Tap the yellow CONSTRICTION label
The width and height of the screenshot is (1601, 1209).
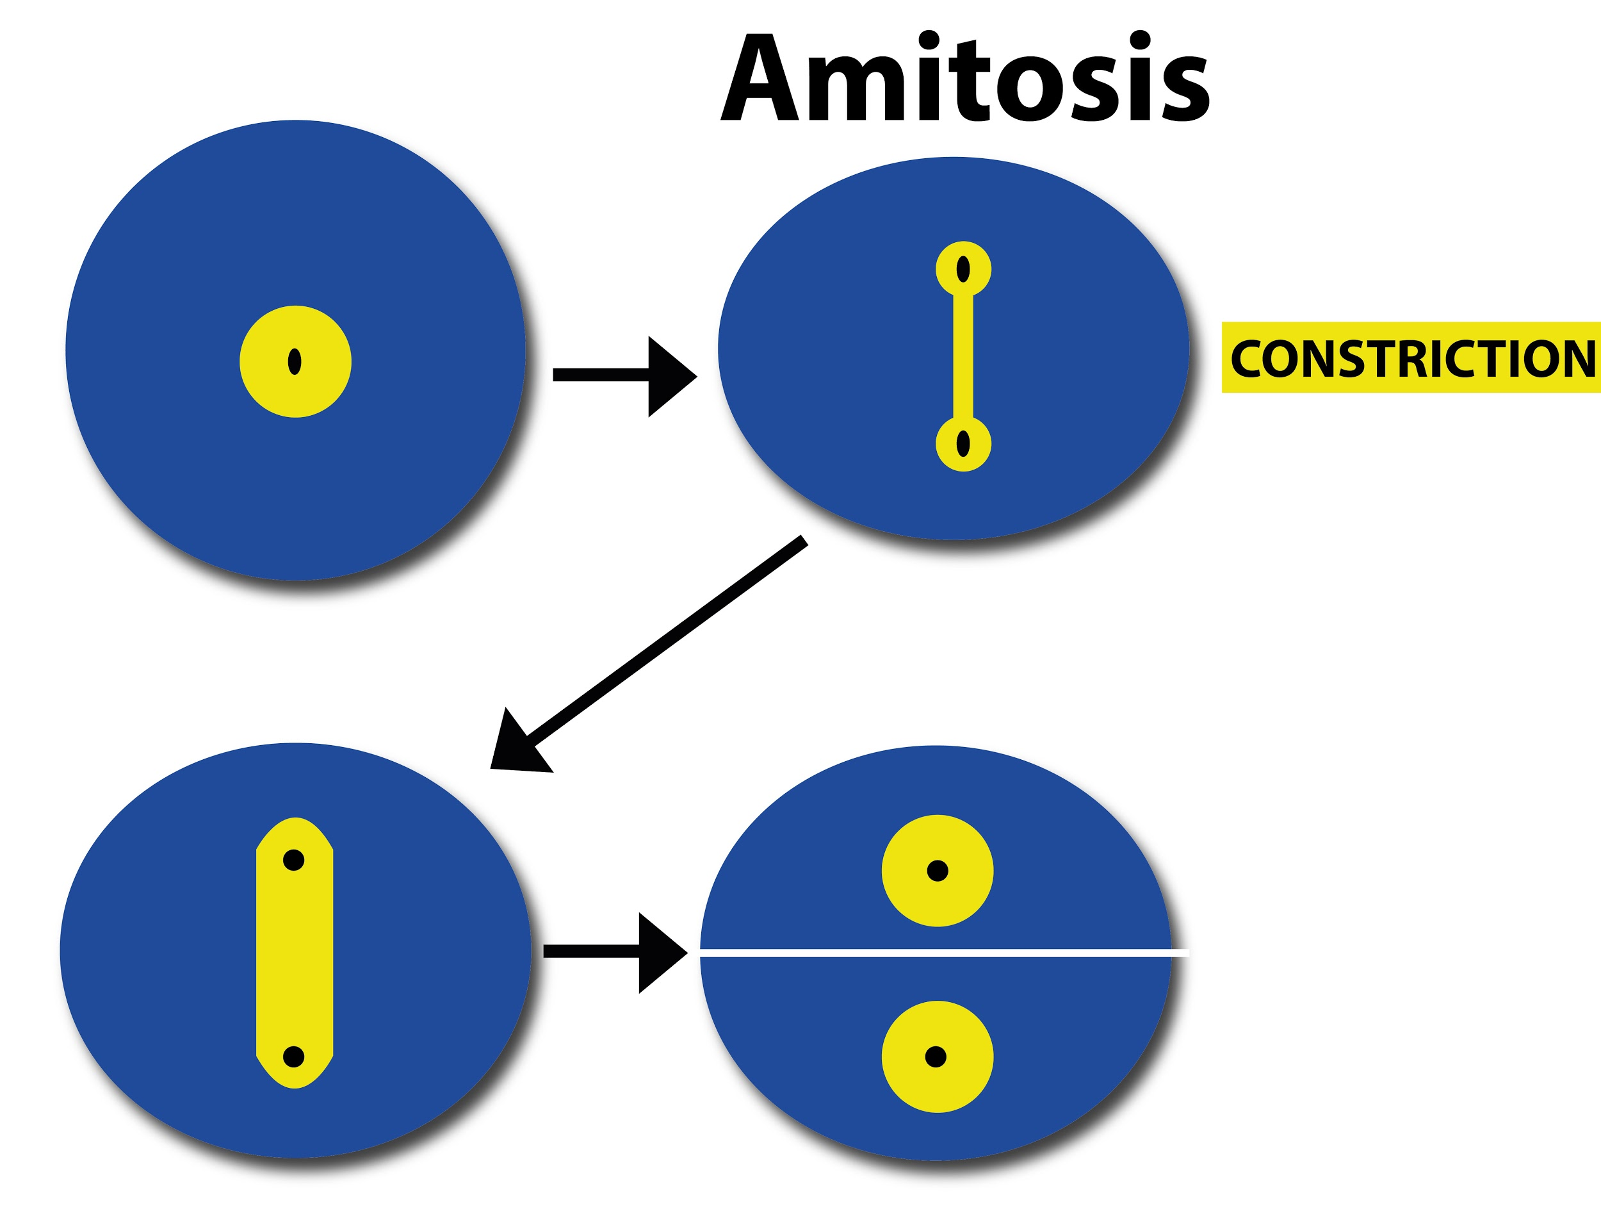(1410, 358)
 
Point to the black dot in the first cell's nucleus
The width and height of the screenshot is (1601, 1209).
(295, 361)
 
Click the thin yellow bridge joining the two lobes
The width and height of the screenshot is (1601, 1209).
(963, 356)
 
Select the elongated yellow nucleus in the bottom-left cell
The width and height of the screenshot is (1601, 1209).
(295, 956)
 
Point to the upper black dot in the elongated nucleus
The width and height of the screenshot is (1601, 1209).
(294, 860)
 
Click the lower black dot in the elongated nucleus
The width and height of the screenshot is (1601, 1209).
(293, 1057)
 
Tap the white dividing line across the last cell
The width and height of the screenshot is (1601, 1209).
(941, 953)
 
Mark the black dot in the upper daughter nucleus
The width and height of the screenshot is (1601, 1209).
(938, 870)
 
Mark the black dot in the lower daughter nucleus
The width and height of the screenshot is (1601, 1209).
(936, 1057)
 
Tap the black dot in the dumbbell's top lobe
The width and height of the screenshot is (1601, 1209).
(963, 269)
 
